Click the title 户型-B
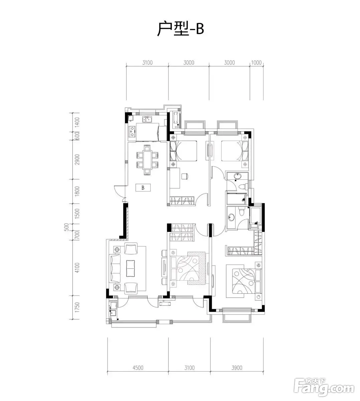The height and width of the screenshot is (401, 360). pos(180,29)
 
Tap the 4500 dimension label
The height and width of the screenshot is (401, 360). pos(138,368)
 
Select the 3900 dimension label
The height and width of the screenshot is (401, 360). pos(237,368)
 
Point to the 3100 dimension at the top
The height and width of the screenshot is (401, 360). pos(147,62)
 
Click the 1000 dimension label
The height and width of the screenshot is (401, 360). pos(256,62)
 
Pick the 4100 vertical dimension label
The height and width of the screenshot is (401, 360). pos(77,268)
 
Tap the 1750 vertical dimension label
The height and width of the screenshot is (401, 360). pos(77,307)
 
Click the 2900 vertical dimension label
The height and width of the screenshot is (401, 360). pos(77,159)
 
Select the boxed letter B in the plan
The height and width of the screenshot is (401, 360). pos(143,187)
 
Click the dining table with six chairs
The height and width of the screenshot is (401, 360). pos(147,160)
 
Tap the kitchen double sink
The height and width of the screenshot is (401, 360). pos(147,119)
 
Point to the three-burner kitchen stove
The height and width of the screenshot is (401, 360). pos(132,132)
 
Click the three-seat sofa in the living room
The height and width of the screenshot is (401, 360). pos(115,268)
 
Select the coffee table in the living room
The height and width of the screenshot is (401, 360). pos(130,268)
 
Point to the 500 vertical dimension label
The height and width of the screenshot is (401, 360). pos(67,227)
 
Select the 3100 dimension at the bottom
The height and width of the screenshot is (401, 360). pos(189,368)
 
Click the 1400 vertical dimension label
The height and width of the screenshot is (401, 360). pos(77,122)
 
